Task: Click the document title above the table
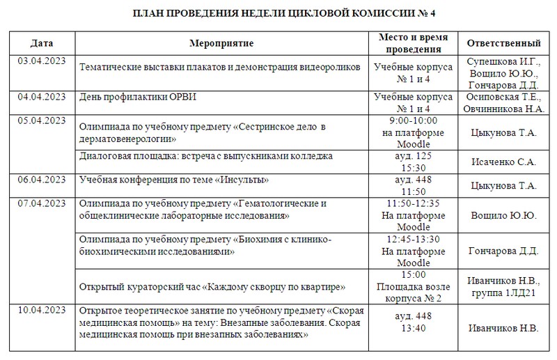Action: click(x=278, y=14)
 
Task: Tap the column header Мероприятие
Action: click(x=221, y=44)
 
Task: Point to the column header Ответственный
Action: click(x=504, y=44)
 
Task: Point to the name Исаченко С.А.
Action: click(x=503, y=162)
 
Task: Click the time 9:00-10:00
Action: click(x=414, y=120)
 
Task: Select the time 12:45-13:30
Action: click(x=414, y=239)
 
